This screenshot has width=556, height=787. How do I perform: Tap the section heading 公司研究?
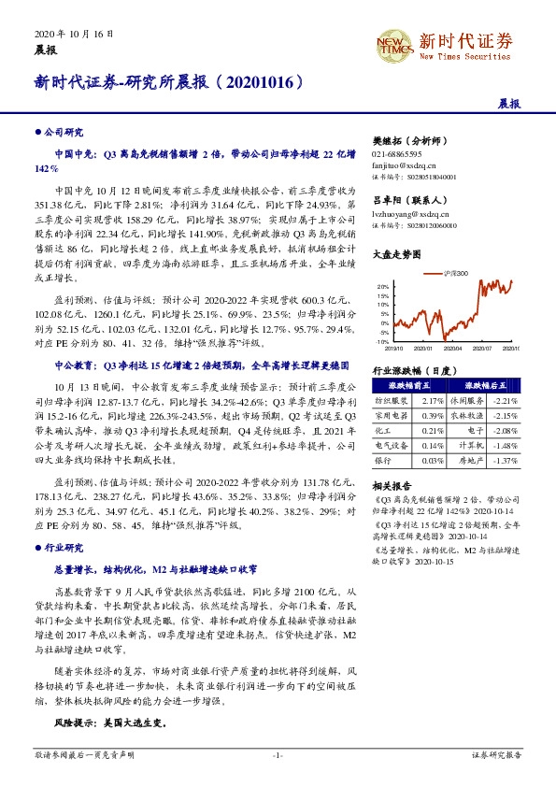pos(64,133)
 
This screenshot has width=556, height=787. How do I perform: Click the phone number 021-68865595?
pos(397,152)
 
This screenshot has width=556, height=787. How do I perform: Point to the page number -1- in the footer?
pos(278,753)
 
